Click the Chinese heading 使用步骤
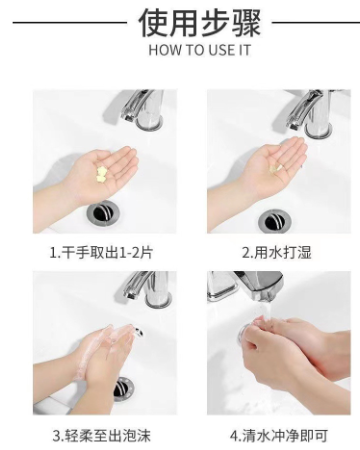tap(199, 23)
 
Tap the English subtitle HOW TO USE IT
tap(199, 50)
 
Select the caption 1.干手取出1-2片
tap(101, 252)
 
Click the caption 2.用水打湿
tap(276, 252)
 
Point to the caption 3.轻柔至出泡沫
tap(102, 436)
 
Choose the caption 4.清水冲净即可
tap(279, 436)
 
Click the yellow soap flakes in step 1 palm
tap(101, 175)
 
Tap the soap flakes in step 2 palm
tap(276, 169)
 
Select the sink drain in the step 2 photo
tap(275, 221)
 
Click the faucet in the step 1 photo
tap(142, 109)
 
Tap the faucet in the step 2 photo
tap(310, 113)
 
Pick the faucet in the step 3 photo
tap(148, 289)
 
